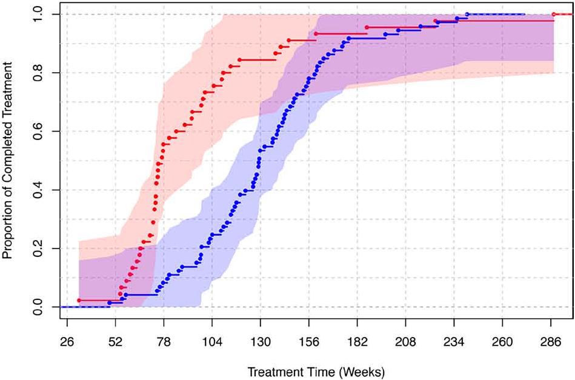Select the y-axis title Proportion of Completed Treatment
tap(8, 161)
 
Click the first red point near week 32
tap(79, 301)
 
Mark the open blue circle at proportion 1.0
tap(467, 14)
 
